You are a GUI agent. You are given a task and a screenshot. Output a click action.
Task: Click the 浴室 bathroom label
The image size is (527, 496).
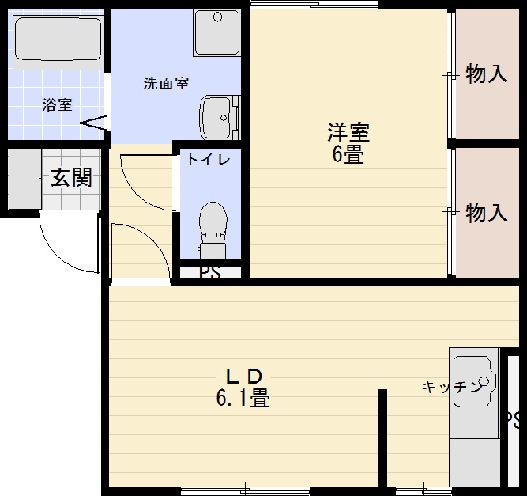(57, 104)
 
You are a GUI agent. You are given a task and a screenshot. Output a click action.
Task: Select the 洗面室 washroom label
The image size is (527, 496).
(166, 83)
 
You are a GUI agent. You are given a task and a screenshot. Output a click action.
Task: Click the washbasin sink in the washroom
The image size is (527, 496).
(216, 118)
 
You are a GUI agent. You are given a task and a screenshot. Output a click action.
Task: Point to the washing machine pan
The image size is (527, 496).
(216, 33)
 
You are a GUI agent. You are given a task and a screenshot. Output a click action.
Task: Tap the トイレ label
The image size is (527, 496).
(209, 159)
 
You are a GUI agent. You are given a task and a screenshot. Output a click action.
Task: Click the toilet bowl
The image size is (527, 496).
(212, 225)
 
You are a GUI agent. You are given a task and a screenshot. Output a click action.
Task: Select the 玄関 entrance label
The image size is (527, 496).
(71, 178)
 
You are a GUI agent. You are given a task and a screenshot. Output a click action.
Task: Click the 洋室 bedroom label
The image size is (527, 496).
(348, 131)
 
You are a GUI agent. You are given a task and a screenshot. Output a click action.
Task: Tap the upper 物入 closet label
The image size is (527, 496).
(486, 75)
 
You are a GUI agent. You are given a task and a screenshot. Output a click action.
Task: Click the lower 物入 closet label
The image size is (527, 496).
(486, 212)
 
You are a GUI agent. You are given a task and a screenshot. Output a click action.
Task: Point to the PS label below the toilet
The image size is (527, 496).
(209, 272)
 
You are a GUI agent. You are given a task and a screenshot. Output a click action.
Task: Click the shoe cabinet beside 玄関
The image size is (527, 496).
(24, 179)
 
